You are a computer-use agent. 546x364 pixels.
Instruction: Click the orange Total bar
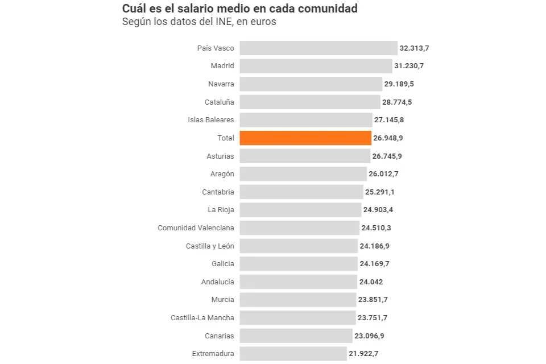tap(305, 138)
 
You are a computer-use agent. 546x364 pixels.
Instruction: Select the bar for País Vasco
tap(318, 48)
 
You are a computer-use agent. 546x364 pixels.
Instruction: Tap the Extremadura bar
tap(293, 354)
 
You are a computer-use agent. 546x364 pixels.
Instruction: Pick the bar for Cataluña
tap(310, 102)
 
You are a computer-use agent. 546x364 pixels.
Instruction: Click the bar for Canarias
tap(296, 336)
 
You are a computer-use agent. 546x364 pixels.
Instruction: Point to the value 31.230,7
tap(409, 66)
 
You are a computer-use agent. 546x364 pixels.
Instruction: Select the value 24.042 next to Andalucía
tap(371, 282)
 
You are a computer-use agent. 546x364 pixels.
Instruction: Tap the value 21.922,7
tap(363, 354)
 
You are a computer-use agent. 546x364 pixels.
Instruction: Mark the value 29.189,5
tap(399, 84)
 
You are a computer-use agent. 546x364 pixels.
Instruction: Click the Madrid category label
tap(222, 66)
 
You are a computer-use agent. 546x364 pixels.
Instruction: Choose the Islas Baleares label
tap(211, 120)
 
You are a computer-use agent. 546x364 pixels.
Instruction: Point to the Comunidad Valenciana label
tap(196, 228)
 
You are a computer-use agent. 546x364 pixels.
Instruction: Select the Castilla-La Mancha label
tap(202, 317)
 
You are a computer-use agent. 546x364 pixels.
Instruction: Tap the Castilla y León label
tap(210, 246)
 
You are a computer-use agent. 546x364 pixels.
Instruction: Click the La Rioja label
tap(221, 210)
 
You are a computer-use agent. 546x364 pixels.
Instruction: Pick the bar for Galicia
tap(299, 264)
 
